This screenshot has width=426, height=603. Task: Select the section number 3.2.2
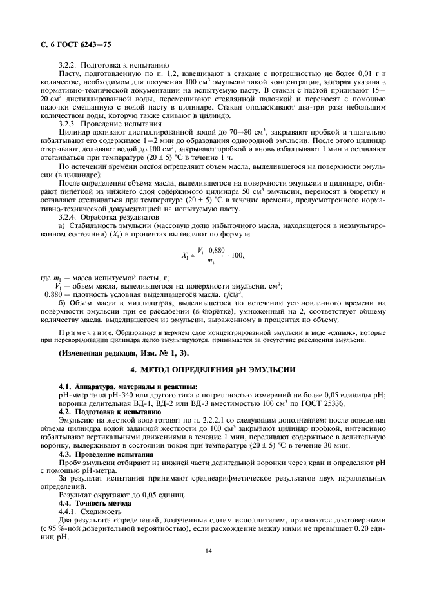click(x=69, y=66)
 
